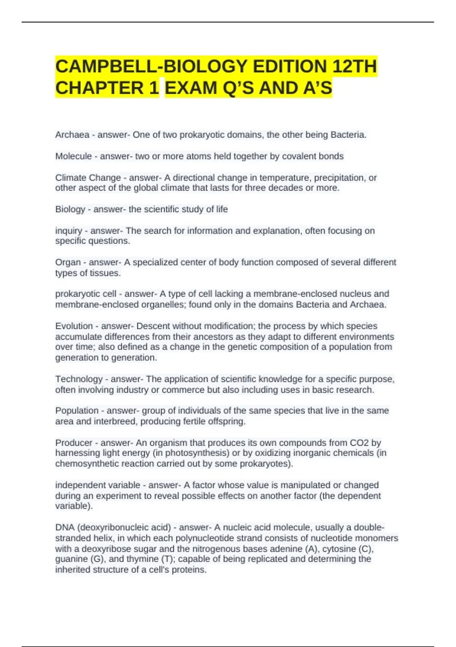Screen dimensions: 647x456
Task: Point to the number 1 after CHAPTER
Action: [154, 88]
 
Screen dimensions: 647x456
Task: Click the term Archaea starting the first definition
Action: [72, 135]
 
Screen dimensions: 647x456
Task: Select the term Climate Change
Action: [88, 178]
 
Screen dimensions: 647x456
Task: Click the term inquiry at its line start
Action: [68, 231]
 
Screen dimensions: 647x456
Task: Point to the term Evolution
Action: [74, 326]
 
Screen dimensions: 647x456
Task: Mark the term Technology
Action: [79, 379]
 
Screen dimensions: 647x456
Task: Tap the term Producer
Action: [74, 443]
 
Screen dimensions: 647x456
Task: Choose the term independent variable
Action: [98, 485]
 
